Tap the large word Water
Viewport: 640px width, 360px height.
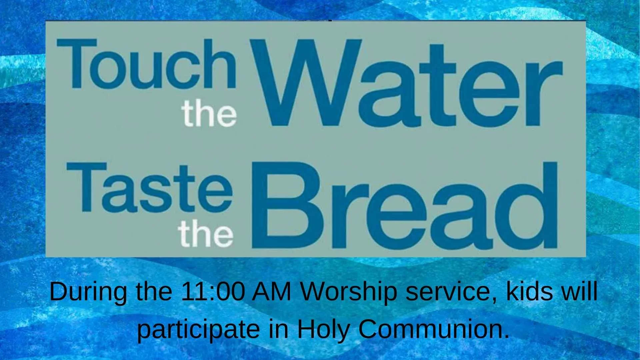pyautogui.click(x=407, y=83)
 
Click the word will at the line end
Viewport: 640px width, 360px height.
pyautogui.click(x=580, y=291)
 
